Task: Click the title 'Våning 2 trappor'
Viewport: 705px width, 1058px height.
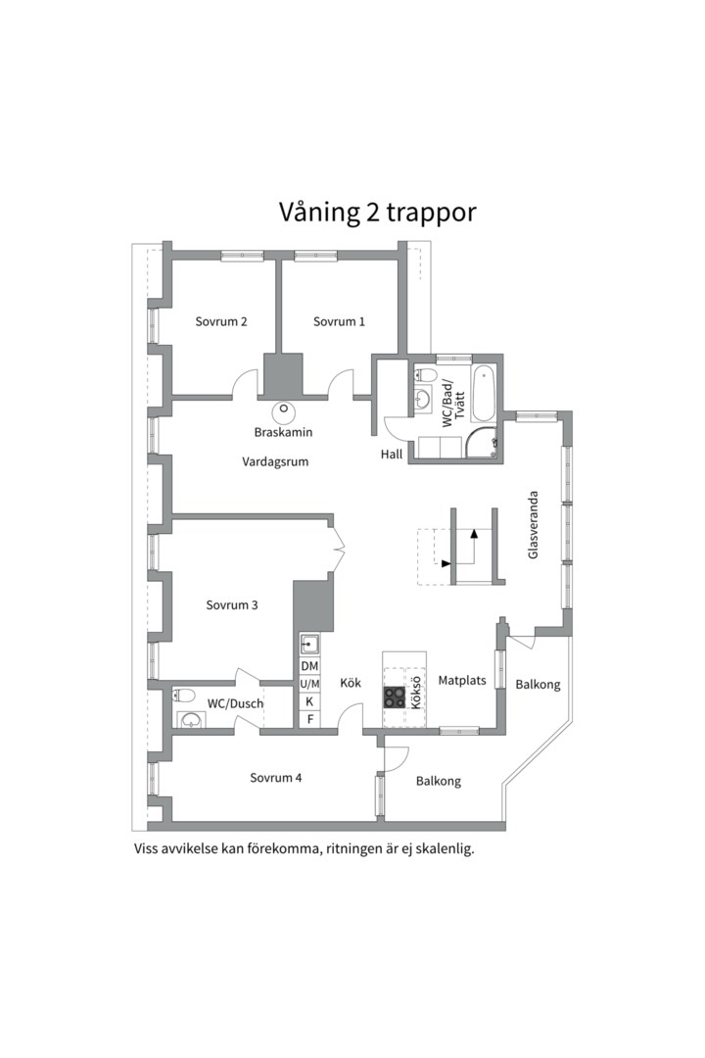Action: [377, 213]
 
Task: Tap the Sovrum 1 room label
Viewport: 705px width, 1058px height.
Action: [339, 321]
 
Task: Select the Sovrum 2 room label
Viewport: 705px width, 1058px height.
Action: [220, 321]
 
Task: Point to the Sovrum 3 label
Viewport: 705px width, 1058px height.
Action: [232, 605]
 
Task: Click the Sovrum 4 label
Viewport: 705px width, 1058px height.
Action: [275, 778]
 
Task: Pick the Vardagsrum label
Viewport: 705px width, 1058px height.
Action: [275, 461]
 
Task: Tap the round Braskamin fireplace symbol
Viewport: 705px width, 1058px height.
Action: [284, 409]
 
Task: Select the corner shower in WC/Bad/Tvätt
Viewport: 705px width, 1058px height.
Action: [484, 444]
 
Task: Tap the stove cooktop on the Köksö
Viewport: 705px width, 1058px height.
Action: [395, 697]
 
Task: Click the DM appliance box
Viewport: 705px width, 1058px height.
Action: [309, 666]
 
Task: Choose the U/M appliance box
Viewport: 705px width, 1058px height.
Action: [309, 684]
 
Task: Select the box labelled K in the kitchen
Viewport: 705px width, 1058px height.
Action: [309, 701]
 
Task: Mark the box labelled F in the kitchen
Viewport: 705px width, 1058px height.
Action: [309, 720]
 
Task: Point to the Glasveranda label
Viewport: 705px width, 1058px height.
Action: [534, 525]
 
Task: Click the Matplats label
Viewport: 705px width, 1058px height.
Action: [462, 680]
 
